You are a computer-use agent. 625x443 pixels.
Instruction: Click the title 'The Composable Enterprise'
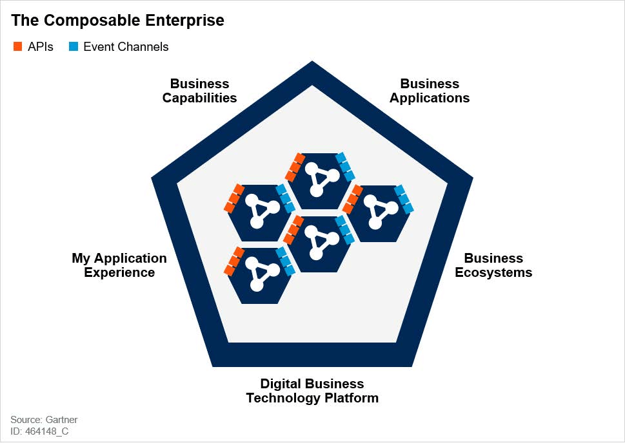coord(117,21)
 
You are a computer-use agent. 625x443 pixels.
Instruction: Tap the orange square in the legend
coord(17,46)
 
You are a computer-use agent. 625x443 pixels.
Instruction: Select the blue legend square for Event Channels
coord(74,46)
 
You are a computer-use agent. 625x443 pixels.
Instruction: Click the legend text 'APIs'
coord(40,46)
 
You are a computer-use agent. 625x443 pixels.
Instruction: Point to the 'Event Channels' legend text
coord(126,46)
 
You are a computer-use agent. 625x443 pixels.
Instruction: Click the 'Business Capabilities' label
coord(200,91)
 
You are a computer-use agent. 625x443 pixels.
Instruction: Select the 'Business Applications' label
coord(430,91)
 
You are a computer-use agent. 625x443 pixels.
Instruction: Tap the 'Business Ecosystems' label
coord(493,265)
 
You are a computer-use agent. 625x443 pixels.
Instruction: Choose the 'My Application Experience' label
coord(119,265)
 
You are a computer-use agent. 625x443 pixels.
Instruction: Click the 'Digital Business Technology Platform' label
coord(312,391)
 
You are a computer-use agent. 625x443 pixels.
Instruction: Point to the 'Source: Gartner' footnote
coord(44,420)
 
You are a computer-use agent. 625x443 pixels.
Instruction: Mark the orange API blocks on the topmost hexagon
coord(295,167)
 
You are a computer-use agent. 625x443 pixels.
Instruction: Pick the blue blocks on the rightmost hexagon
coord(404,199)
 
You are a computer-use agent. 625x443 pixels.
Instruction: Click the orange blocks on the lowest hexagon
coord(234,261)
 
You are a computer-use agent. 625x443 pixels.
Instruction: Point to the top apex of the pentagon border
coord(312,61)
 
